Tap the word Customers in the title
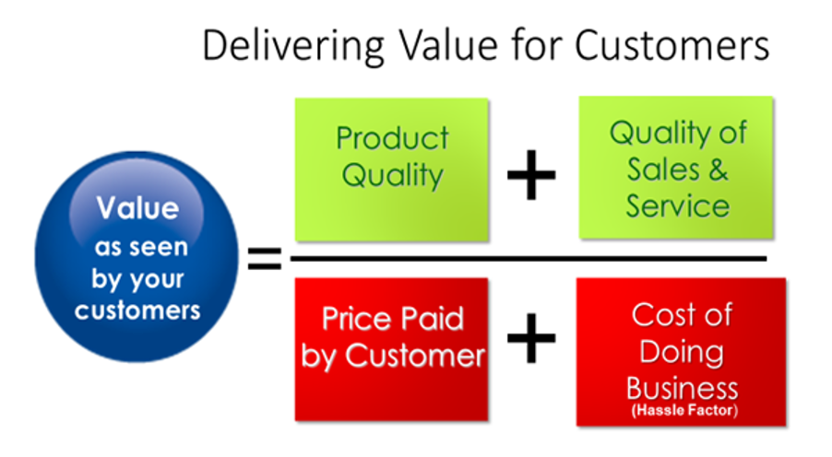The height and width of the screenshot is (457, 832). click(672, 45)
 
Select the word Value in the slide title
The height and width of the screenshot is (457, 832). click(448, 45)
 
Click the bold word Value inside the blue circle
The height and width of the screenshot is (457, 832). click(138, 208)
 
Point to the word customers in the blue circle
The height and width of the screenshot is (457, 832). click(137, 311)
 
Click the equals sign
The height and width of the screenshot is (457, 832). click(265, 259)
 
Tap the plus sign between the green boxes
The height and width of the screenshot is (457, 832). click(531, 175)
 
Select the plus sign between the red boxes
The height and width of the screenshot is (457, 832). click(531, 338)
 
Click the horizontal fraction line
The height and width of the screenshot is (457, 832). click(529, 259)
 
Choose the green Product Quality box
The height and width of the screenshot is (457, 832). click(392, 170)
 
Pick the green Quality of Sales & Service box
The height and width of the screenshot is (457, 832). click(676, 168)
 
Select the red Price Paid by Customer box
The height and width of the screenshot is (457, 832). click(392, 349)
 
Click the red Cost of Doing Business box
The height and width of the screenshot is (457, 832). click(682, 351)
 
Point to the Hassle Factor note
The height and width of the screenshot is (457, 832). click(684, 410)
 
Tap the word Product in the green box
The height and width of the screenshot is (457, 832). click(393, 138)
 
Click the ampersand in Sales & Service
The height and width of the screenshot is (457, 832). click(718, 170)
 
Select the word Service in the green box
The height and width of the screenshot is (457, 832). click(678, 206)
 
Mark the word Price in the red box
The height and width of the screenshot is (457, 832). click(357, 319)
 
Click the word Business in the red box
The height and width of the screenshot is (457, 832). click(682, 389)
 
